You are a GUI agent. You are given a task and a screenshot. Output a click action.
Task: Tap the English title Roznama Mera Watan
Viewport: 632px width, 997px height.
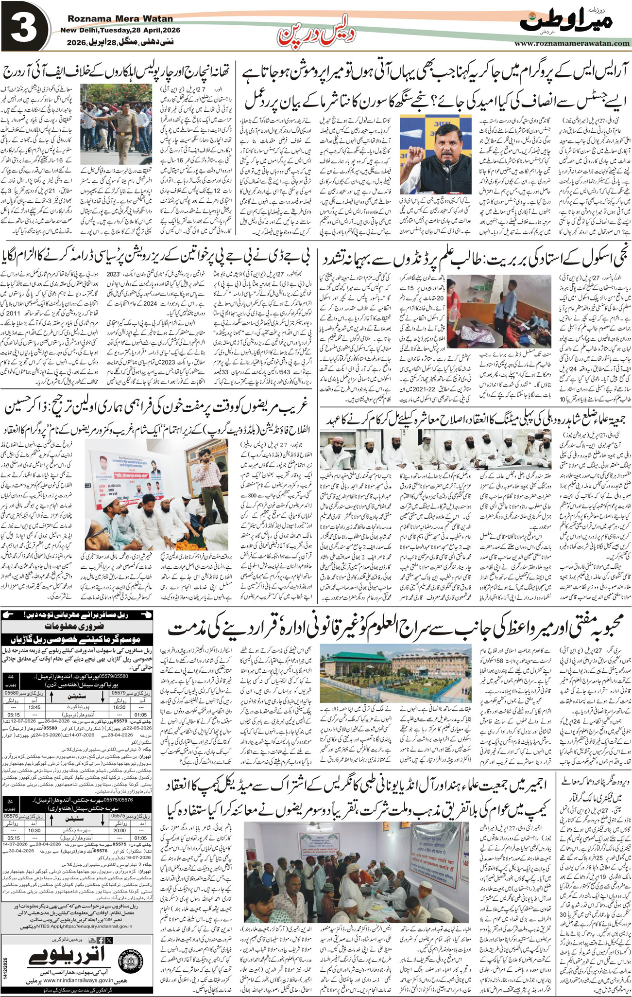pyautogui.click(x=120, y=19)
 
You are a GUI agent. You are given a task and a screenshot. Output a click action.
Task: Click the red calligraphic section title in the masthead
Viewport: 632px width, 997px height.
pyautogui.click(x=316, y=33)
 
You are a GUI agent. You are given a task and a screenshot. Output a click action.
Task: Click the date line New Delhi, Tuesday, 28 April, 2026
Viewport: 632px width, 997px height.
pyautogui.click(x=120, y=30)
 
